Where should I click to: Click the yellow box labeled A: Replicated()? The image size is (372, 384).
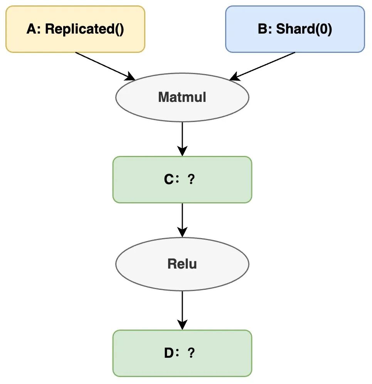(75, 29)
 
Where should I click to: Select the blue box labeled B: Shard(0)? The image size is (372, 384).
(295, 29)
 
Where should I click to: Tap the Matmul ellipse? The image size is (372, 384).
(182, 97)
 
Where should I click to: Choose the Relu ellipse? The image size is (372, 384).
(182, 264)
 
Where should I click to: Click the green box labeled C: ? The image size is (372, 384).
(182, 179)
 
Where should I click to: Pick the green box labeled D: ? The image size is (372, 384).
(182, 353)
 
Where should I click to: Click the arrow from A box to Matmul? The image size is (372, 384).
(105, 66)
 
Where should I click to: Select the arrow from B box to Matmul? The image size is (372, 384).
(262, 66)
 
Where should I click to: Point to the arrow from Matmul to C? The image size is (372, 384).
(182, 139)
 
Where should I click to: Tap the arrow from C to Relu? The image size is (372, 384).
(182, 220)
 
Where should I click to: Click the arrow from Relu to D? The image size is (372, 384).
(182, 310)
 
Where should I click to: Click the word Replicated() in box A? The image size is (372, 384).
(85, 29)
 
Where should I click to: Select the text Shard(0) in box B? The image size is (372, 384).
(304, 29)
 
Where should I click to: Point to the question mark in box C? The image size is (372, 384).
(191, 179)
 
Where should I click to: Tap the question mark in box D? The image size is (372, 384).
(191, 353)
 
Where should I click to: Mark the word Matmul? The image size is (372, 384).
(182, 97)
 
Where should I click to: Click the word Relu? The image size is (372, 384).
(182, 264)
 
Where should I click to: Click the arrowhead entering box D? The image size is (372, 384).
(182, 325)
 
